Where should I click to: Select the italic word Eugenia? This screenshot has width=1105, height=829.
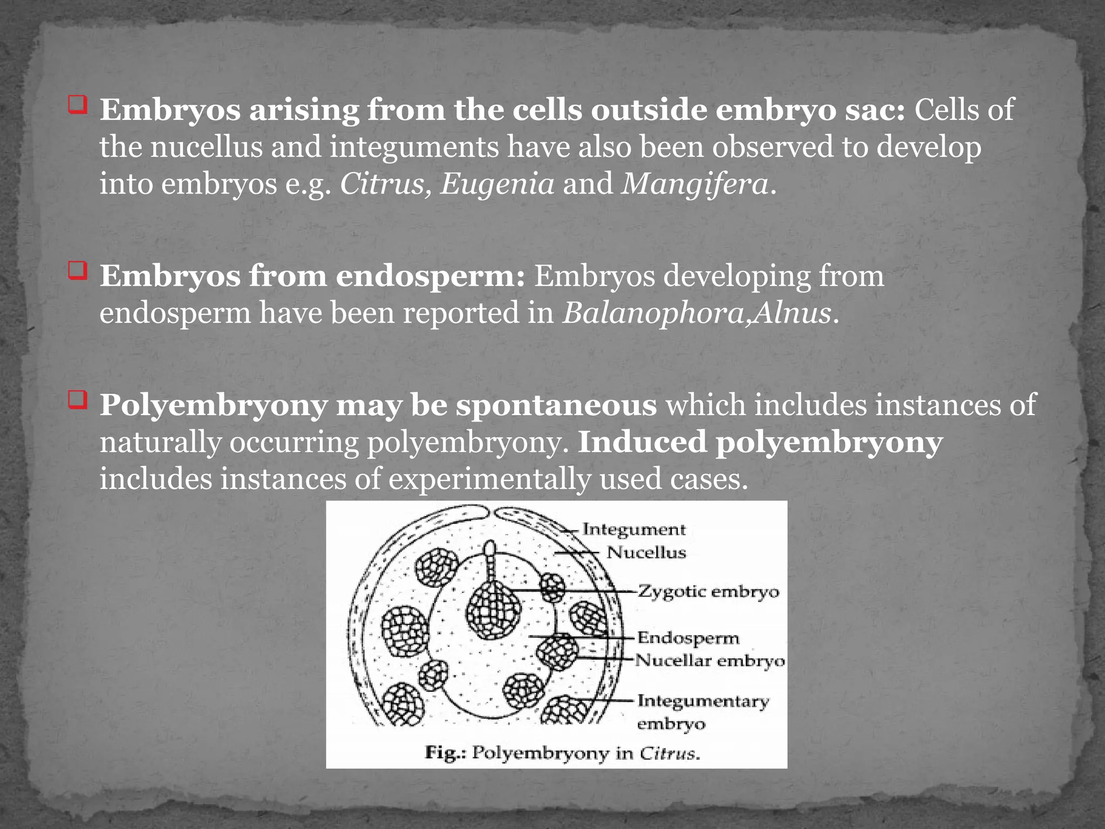[497, 185]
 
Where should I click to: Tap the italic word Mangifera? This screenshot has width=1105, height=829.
[695, 185]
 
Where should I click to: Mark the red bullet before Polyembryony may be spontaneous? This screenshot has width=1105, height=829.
[77, 400]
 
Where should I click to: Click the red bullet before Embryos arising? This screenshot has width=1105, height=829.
[77, 105]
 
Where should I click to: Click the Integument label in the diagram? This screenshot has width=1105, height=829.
[633, 529]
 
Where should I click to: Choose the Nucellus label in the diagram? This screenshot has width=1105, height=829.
[646, 553]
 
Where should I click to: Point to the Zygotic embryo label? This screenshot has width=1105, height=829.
[708, 592]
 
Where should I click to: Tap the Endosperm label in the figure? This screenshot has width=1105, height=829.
[688, 638]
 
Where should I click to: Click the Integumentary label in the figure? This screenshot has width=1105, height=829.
[703, 701]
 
